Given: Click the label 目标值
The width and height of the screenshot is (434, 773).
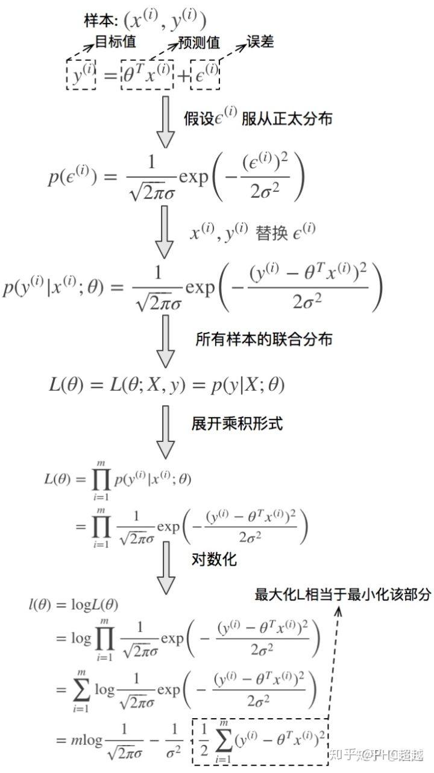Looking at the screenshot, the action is coord(116,42).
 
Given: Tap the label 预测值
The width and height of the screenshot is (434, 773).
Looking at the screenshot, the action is coord(199,43).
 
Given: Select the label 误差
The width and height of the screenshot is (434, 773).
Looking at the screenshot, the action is coord(260,41).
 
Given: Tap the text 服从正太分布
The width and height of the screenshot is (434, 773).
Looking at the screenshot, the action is coord(287,119).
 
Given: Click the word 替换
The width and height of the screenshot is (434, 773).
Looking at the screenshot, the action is coord(271,233).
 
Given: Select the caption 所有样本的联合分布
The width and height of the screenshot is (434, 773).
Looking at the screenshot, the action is coord(264,339).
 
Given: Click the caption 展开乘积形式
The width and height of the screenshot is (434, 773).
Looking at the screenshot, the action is coord(237,423).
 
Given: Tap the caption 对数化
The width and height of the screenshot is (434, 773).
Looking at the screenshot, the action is coord(214,559).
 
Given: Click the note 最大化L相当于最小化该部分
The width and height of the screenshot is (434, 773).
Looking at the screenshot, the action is coord(343,595).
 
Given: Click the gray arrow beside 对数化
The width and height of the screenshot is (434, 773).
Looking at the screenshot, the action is coord(166,567).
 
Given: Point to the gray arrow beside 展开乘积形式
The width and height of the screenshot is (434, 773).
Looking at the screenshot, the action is coord(166,432).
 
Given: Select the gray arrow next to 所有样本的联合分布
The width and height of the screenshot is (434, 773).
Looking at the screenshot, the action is coord(166,342).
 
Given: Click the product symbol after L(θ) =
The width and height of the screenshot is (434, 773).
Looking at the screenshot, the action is coord(101,479).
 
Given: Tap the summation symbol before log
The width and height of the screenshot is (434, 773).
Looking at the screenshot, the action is coord(81,689).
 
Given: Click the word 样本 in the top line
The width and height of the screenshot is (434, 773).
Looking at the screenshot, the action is coord(98,21).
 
